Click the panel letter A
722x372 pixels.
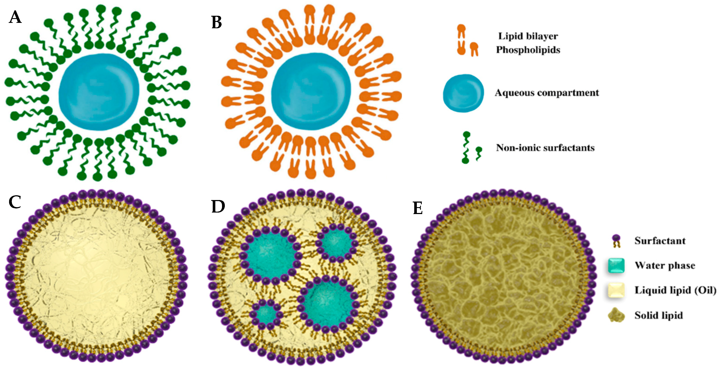pyautogui.click(x=15, y=17)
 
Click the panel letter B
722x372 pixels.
pyautogui.click(x=217, y=22)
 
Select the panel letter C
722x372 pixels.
pyautogui.click(x=15, y=202)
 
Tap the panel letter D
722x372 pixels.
pyautogui.click(x=218, y=206)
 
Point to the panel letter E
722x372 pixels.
pyautogui.click(x=418, y=208)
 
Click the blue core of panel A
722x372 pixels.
pyautogui.click(x=99, y=92)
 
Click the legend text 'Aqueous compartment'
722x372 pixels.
pyautogui.click(x=547, y=93)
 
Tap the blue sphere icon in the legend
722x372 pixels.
pyautogui.click(x=463, y=93)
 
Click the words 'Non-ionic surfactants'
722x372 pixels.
pyautogui.click(x=545, y=148)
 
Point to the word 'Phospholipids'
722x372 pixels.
pyautogui.click(x=528, y=50)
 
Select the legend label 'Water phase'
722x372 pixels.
pyautogui.click(x=665, y=265)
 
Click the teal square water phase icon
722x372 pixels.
pyautogui.click(x=616, y=265)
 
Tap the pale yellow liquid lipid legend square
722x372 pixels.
pyautogui.click(x=616, y=290)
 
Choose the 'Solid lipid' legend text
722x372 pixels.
pyautogui.click(x=659, y=315)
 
